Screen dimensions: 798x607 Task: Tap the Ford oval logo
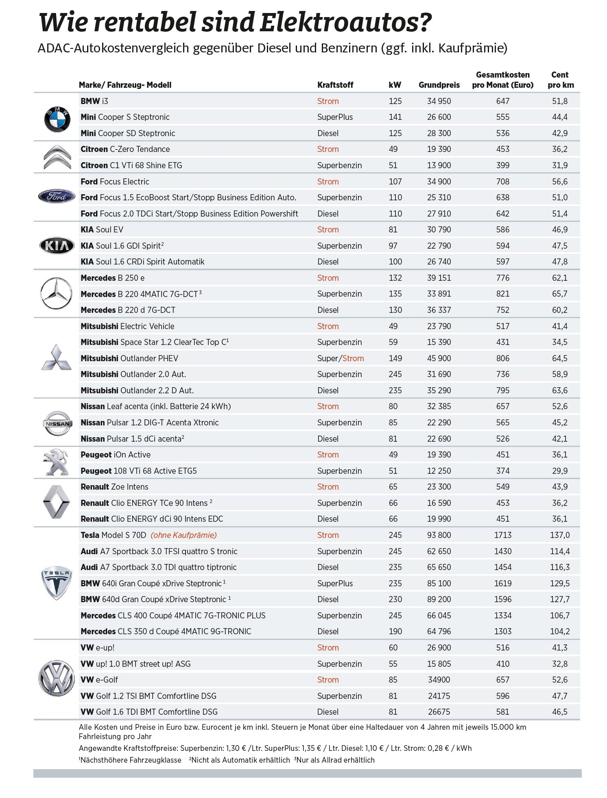(x=57, y=197)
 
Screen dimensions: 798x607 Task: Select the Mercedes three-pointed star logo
(x=57, y=294)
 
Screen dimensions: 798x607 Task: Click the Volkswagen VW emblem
(x=57, y=679)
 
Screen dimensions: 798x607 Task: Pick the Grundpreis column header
(x=439, y=85)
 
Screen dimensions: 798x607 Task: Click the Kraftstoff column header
(x=335, y=85)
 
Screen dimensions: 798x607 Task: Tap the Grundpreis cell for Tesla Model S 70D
(x=439, y=535)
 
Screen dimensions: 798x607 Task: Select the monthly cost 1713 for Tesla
(x=503, y=535)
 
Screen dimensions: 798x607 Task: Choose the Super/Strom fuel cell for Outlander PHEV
(x=341, y=358)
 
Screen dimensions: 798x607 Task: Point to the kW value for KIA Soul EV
(x=393, y=230)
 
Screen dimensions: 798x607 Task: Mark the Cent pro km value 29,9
(x=560, y=471)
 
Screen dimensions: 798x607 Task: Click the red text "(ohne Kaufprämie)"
(x=183, y=535)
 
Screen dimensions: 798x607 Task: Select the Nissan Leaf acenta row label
(x=155, y=406)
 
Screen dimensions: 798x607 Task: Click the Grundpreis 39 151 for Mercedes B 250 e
(x=439, y=278)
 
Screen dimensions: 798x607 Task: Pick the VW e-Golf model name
(x=99, y=680)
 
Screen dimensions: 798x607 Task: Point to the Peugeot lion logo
(x=57, y=463)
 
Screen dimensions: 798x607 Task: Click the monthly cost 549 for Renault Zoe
(x=503, y=487)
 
